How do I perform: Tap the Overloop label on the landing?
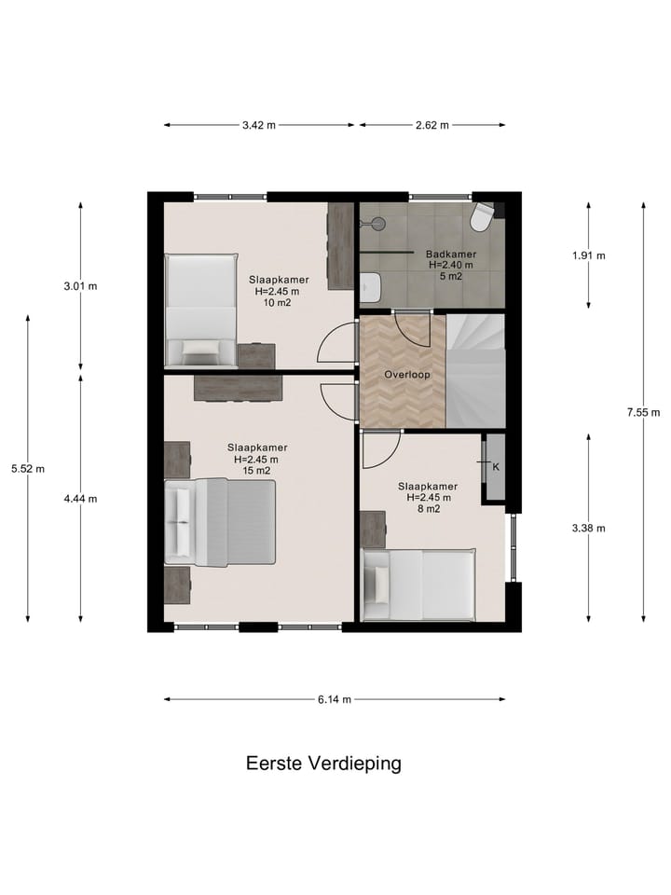[x=406, y=375]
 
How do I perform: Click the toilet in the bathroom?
[x=482, y=217]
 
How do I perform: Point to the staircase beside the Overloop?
[x=475, y=370]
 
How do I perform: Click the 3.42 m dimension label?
[x=258, y=125]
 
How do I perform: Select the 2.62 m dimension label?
[x=432, y=125]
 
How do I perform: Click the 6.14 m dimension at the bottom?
[x=335, y=699]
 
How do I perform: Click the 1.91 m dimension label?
[x=589, y=255]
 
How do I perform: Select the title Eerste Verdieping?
[x=323, y=764]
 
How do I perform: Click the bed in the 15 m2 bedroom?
[x=221, y=522]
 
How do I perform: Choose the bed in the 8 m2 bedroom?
[x=418, y=585]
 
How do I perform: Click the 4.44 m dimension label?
[x=80, y=499]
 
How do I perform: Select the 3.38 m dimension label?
[x=589, y=528]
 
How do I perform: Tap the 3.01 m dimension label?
[x=80, y=286]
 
